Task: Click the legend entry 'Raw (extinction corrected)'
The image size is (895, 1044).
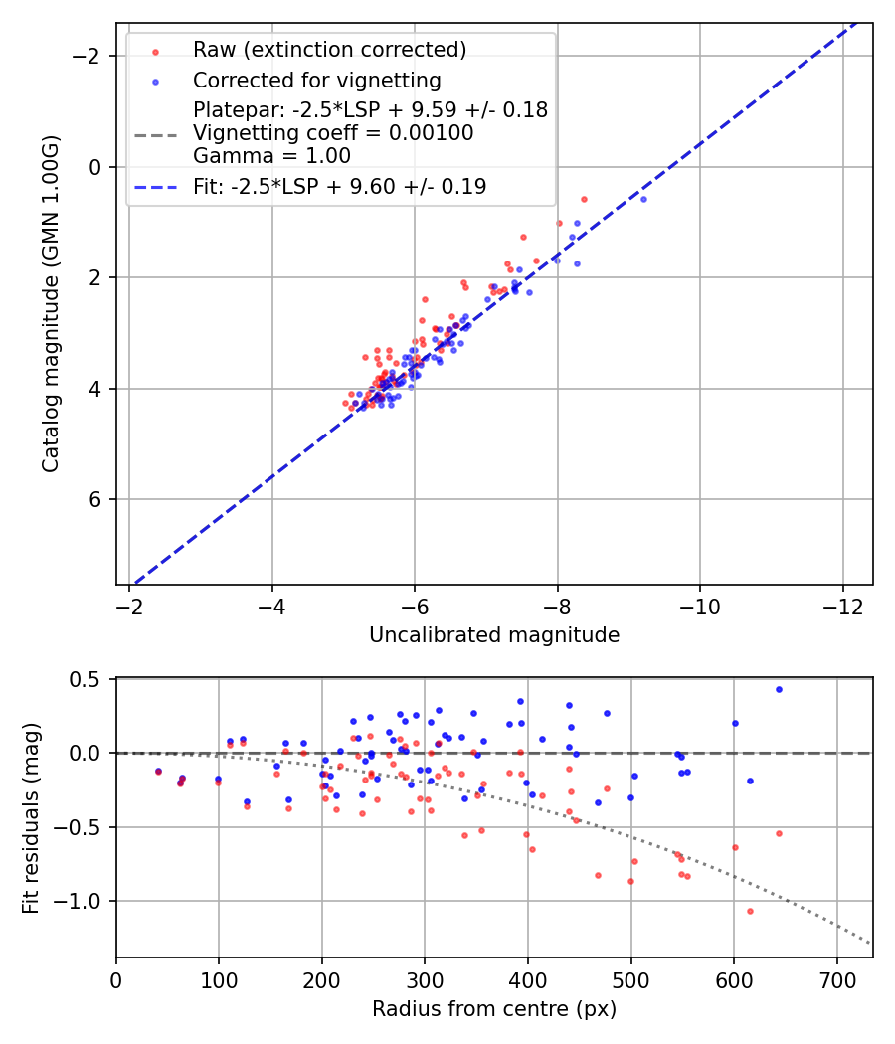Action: point(329,50)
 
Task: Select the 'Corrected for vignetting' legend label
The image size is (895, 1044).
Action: point(316,80)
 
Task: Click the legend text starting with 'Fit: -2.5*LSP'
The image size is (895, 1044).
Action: point(339,186)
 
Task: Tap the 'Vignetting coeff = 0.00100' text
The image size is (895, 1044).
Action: point(333,133)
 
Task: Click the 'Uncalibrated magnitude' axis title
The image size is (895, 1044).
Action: point(494,635)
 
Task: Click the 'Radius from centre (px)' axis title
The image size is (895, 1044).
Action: point(494,1009)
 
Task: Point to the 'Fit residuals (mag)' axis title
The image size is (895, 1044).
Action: point(30,817)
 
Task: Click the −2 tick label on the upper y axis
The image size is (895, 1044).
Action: point(90,56)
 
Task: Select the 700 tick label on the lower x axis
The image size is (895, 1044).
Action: point(836,979)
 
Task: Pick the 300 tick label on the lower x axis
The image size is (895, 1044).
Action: point(425,979)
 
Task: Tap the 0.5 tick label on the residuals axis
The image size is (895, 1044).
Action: point(90,679)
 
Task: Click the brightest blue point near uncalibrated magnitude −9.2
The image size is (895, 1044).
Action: point(643,199)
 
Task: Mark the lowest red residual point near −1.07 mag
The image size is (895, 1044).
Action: point(750,911)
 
